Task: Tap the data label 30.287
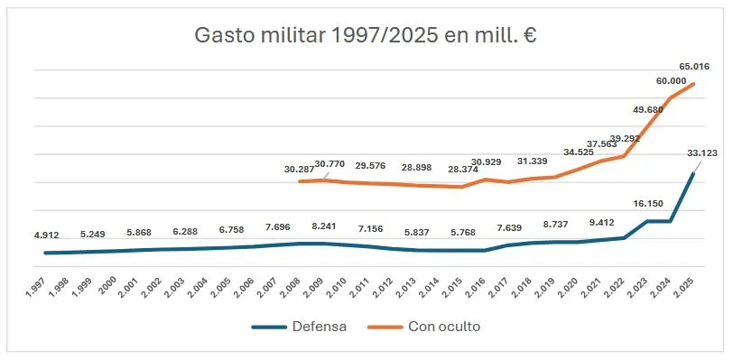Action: (x=299, y=169)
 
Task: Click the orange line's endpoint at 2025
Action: (x=692, y=84)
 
